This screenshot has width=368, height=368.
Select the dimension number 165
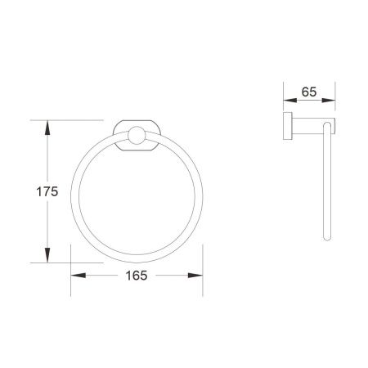[x=137, y=276]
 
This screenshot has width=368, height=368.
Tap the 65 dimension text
[x=309, y=92]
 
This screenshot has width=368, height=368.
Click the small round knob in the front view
[x=136, y=137]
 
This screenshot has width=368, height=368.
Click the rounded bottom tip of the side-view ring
[x=329, y=239]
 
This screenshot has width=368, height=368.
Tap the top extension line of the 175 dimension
[x=74, y=121]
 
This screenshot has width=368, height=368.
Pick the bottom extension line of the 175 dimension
[x=74, y=263]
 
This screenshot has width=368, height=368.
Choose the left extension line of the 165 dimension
[x=71, y=254]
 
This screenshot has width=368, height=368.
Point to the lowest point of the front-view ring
[x=137, y=262]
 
